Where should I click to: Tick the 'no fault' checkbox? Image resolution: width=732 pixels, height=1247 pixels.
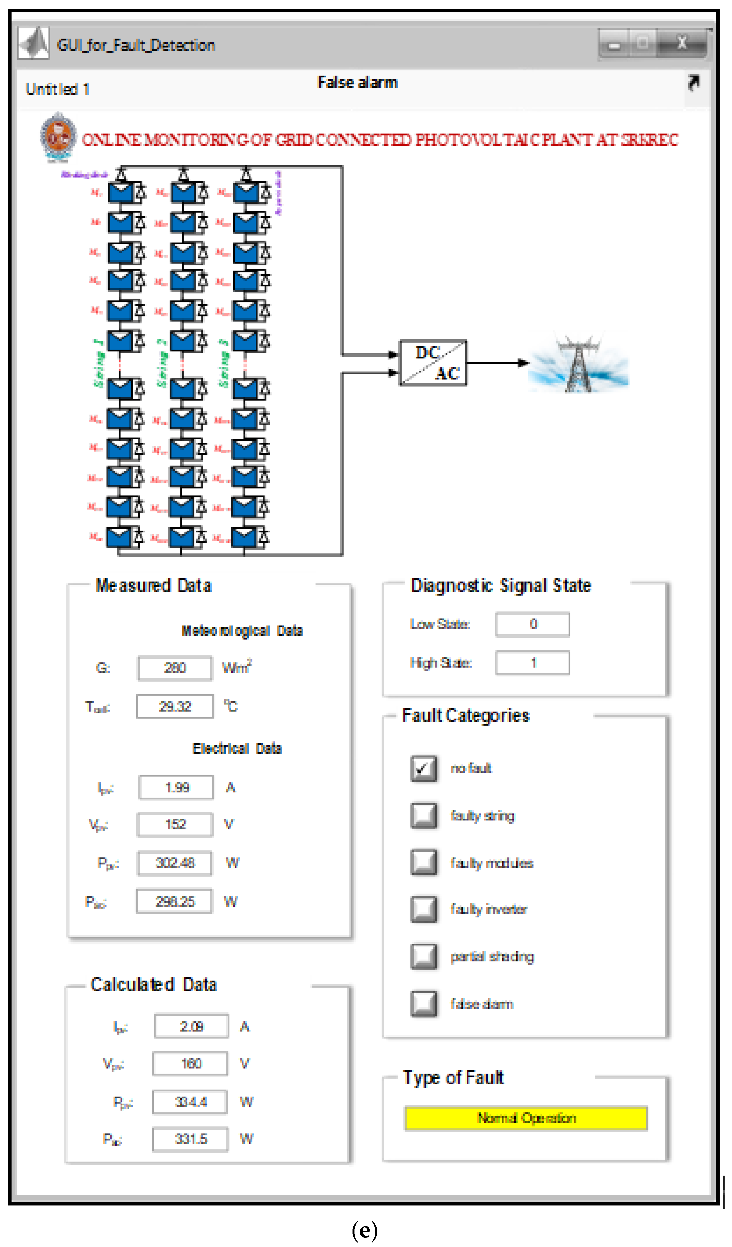click(423, 768)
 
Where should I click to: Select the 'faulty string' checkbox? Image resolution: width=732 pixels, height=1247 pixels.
click(423, 816)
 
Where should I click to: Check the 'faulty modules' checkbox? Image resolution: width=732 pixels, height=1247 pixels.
click(423, 863)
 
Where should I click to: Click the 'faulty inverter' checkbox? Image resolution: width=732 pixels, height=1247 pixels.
click(423, 909)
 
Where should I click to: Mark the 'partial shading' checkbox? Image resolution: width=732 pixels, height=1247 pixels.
click(423, 956)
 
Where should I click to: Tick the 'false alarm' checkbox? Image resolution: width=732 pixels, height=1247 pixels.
click(423, 1004)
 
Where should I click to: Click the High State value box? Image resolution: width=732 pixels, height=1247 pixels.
click(532, 663)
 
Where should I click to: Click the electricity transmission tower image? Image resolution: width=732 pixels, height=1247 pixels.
click(578, 364)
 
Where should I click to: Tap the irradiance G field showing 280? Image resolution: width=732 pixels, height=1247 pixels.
click(175, 668)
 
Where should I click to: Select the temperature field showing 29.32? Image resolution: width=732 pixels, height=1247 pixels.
click(175, 706)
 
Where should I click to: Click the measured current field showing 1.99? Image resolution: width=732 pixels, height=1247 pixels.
click(176, 787)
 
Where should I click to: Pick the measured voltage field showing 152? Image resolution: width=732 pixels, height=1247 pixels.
click(175, 824)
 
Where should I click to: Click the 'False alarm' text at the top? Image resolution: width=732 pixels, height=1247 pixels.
click(357, 83)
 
